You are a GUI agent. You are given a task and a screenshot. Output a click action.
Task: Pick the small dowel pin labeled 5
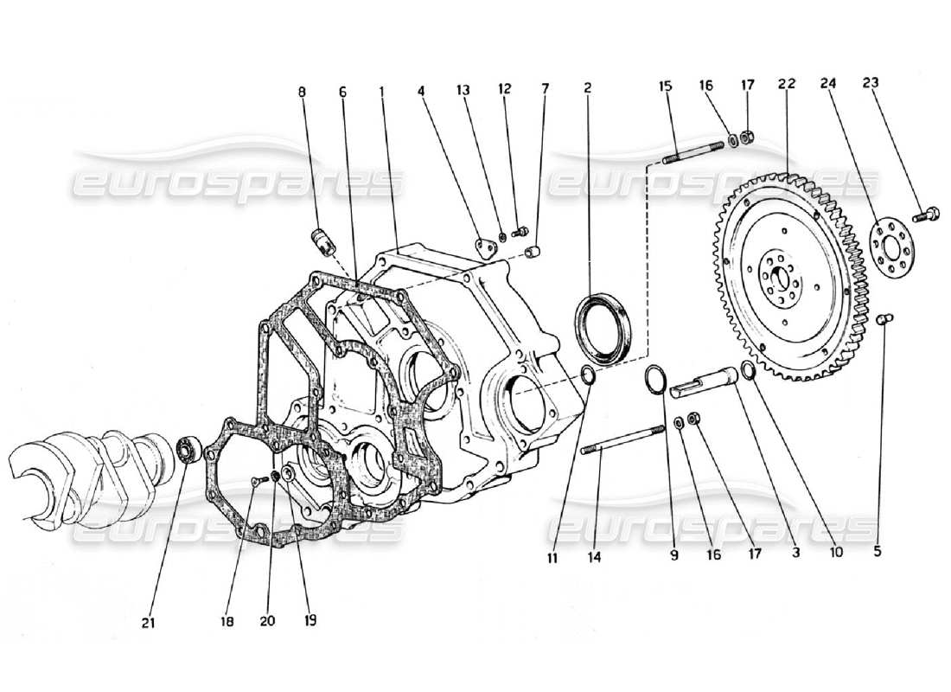coord(884,321)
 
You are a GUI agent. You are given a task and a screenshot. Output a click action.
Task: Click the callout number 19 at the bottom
coord(310,620)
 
